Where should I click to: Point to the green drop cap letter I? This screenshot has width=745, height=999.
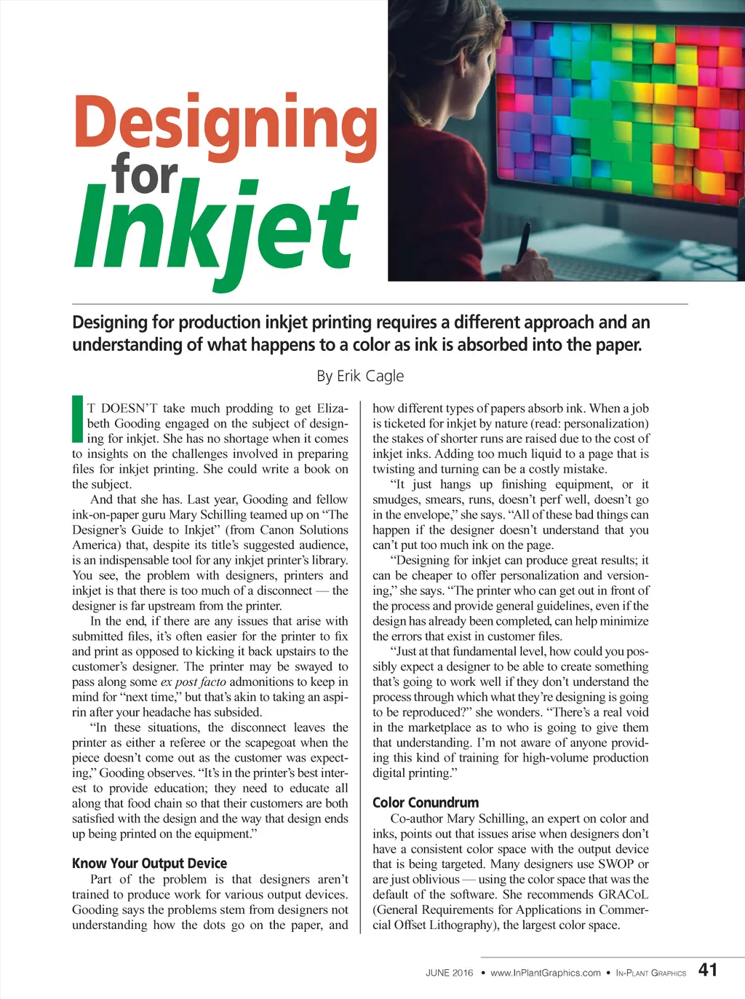[77, 419]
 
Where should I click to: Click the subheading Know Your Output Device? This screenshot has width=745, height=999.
[149, 863]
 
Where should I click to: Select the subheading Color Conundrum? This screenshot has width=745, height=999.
[426, 802]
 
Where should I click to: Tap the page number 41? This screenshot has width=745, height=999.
[707, 969]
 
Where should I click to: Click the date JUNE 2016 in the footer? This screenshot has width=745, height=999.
[449, 973]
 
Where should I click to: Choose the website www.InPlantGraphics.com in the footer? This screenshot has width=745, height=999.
[546, 973]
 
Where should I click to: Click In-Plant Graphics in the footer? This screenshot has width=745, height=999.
[650, 973]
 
